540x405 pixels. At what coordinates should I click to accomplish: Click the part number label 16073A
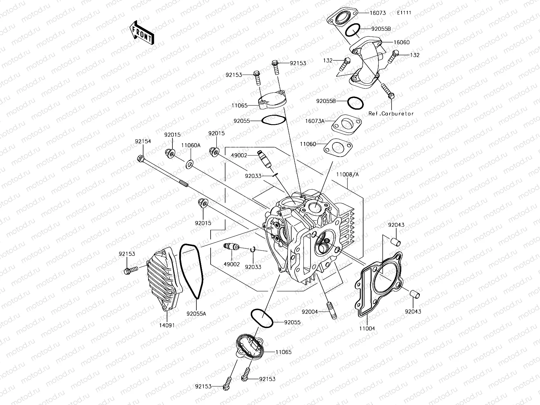(x=315, y=121)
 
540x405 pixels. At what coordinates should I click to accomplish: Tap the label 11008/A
(x=347, y=175)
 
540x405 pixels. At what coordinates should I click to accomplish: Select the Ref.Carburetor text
(x=391, y=114)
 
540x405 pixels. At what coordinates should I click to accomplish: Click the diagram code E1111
(x=404, y=13)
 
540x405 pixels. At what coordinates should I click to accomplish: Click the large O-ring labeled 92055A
(x=191, y=270)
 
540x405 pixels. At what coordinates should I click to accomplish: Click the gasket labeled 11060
(x=339, y=147)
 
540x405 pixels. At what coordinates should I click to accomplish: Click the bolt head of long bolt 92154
(x=140, y=158)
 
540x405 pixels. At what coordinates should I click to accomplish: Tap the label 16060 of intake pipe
(x=402, y=43)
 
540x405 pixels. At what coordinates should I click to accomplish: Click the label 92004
(x=310, y=312)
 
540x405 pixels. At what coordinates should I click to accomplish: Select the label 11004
(x=367, y=328)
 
